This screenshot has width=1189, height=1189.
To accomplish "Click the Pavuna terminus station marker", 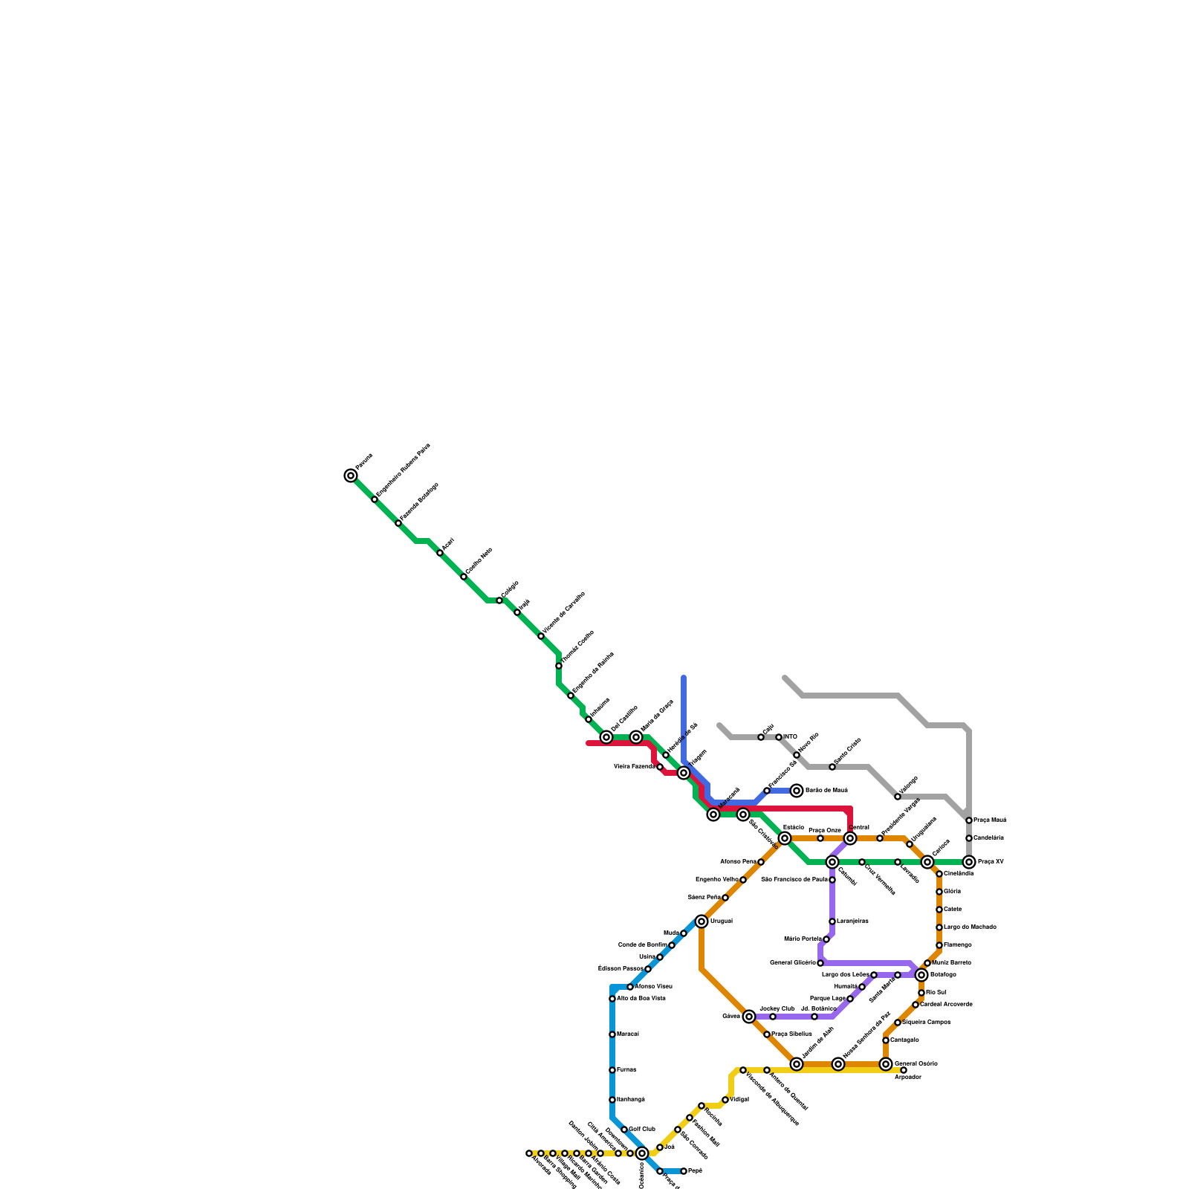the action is [351, 476].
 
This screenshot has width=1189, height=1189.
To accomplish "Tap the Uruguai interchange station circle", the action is [702, 921].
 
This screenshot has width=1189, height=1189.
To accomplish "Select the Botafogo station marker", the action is [921, 975].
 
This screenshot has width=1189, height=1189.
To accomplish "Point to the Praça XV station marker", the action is [969, 862].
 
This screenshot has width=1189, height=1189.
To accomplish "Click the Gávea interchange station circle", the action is [749, 1017].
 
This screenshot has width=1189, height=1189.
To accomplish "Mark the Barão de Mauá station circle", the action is [797, 791].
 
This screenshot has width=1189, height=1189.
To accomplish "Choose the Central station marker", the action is [850, 838].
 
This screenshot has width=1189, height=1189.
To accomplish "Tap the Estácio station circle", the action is [785, 838].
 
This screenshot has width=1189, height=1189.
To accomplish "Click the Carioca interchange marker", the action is [927, 862].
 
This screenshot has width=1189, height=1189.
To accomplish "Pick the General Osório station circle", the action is [886, 1064].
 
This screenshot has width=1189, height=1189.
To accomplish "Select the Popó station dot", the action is [684, 1171].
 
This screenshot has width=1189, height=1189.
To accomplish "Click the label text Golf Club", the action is [642, 1130].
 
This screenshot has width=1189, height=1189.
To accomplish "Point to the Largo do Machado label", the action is [970, 927].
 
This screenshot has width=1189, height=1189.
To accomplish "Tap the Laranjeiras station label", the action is [852, 921].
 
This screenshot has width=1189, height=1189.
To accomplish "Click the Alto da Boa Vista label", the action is [641, 999].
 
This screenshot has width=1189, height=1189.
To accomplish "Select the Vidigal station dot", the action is [725, 1100].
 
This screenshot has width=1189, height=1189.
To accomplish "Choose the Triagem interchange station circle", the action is [684, 774].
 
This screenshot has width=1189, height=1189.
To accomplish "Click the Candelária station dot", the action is [969, 838].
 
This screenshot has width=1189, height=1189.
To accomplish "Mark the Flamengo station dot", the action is [939, 945].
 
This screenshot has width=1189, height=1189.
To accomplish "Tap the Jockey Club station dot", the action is [773, 1017].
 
